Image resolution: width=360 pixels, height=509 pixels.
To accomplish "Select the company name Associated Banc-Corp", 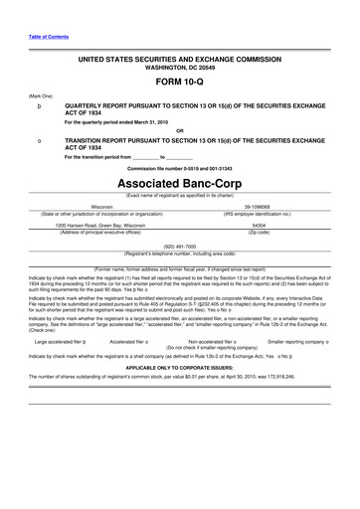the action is coord(179,185).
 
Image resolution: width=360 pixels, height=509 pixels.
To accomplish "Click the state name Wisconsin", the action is coord(101,207).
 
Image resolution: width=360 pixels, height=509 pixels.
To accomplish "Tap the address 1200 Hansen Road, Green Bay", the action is coord(101,225).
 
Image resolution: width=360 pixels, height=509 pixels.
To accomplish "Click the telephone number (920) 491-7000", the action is coord(179,244).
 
